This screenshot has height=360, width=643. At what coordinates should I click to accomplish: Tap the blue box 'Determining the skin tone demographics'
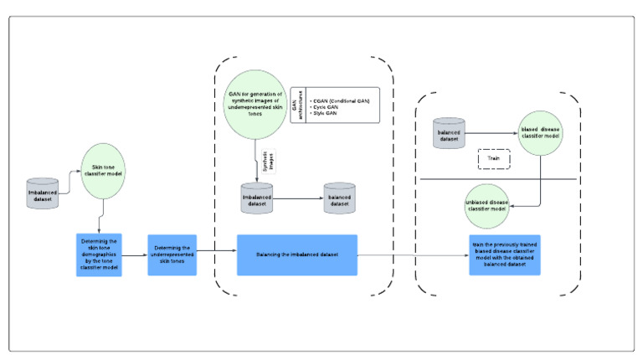[99, 255]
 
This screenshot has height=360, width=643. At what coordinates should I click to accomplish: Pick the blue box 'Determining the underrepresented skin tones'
[172, 255]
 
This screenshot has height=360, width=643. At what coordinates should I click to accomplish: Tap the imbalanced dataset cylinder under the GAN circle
[255, 199]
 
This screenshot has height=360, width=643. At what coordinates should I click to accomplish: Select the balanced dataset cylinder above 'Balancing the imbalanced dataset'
[340, 199]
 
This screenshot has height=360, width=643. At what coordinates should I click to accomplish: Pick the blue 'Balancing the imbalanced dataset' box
[296, 255]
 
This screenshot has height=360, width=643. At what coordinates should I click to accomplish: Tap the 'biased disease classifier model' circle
[541, 134]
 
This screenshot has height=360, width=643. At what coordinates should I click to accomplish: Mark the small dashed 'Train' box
[493, 157]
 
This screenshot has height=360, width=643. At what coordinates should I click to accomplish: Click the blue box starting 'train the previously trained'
[504, 255]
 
